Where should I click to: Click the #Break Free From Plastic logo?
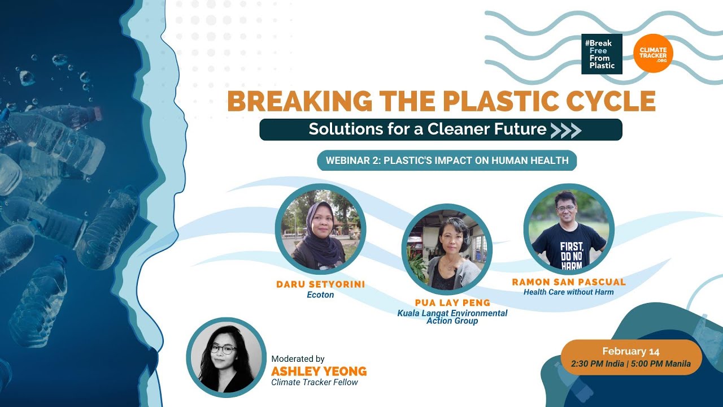(x=602, y=54)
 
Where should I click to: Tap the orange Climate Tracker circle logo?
(x=653, y=53)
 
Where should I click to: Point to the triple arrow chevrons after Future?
(x=565, y=130)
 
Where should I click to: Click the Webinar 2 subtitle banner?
(x=447, y=161)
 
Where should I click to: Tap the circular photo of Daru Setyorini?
(x=320, y=228)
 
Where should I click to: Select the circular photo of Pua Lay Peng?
(x=447, y=249)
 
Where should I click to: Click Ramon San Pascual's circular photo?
(x=569, y=228)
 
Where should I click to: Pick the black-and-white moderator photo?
(x=226, y=358)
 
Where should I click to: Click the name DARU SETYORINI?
(x=320, y=284)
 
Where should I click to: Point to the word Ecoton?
(x=320, y=295)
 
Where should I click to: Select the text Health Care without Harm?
(x=568, y=292)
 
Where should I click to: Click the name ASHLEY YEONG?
(x=319, y=371)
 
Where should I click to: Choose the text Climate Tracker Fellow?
(x=315, y=382)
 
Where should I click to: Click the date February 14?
(x=630, y=351)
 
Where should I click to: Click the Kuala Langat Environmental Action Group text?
(x=452, y=317)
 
